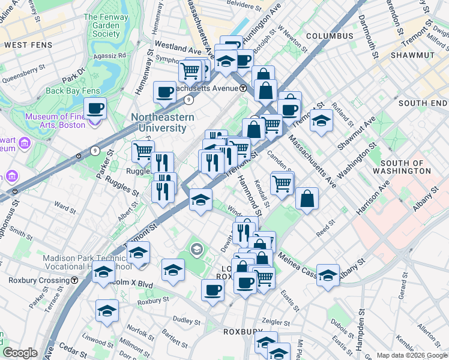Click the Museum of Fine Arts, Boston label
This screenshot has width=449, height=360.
point(56,121)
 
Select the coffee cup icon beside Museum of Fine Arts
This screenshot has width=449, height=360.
point(95,109)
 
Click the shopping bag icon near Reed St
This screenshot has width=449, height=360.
point(307,199)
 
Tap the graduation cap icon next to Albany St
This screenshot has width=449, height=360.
point(328,275)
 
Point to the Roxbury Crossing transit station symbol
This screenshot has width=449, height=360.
point(74,280)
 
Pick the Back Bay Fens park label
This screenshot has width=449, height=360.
point(73,91)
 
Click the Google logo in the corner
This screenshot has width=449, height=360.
point(20,353)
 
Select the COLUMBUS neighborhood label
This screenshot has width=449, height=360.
point(330,36)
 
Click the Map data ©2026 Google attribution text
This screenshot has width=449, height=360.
point(411,355)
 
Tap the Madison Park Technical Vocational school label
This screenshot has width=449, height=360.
point(87,263)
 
